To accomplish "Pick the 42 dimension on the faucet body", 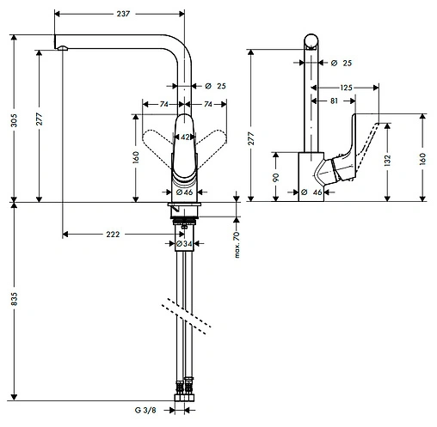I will pos(184,137).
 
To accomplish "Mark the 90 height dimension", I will pos(276,177).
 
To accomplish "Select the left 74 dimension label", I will pos(161,103).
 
